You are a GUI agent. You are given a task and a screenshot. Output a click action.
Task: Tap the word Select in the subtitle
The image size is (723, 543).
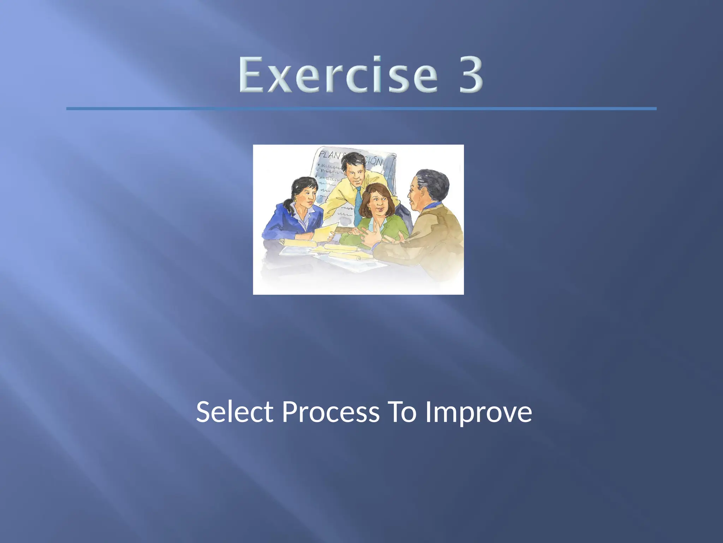235,412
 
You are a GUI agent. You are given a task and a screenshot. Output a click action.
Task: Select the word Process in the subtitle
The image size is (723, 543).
331,412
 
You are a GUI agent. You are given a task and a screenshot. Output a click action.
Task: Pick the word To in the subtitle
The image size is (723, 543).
402,412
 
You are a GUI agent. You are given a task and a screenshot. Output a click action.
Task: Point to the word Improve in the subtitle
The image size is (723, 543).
478,412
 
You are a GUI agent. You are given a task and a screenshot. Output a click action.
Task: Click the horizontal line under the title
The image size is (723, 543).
361,109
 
